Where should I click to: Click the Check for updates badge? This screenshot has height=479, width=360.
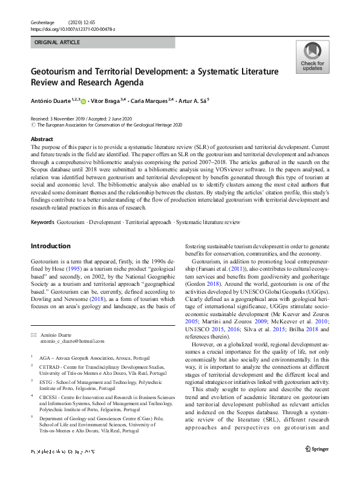(312, 57)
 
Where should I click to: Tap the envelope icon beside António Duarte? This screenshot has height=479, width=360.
(33, 334)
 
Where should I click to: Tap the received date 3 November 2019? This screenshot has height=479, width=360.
(69, 119)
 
